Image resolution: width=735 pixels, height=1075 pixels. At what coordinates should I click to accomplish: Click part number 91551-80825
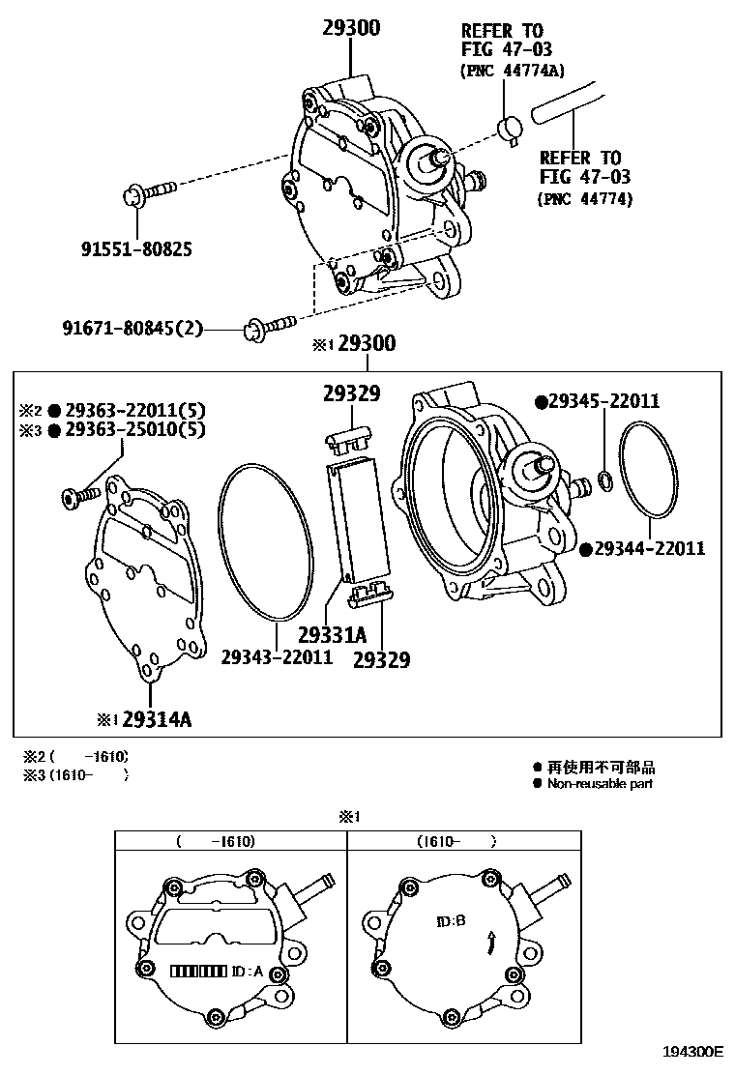135,248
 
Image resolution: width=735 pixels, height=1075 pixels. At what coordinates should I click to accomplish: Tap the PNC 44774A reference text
513,70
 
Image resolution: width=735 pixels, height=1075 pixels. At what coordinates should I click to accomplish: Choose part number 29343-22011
277,656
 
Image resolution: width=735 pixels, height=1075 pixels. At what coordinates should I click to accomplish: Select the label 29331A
332,635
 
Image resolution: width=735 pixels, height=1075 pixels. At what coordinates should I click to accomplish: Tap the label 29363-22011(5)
134,409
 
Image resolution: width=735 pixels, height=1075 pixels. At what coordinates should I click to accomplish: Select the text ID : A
248,971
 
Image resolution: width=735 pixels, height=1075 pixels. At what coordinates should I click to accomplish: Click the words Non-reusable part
600,783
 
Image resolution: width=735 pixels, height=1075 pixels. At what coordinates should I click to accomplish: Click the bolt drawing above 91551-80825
151,192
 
